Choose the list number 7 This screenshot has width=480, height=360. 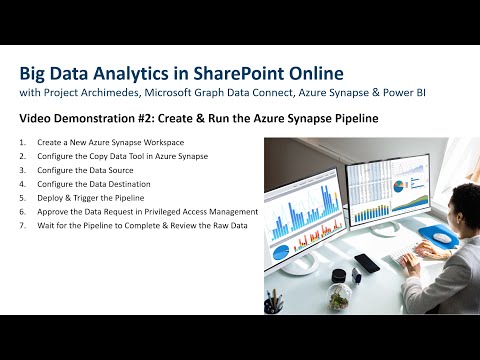coord(23,226)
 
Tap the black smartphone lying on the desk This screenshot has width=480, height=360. coord(367,263)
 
